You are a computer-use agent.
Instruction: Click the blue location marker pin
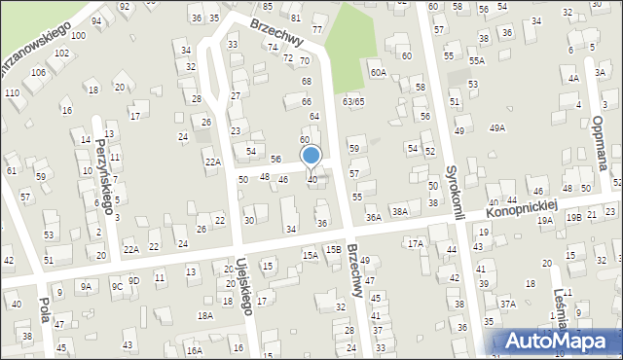311,157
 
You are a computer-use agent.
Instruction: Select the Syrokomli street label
452,193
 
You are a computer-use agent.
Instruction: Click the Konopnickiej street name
522,206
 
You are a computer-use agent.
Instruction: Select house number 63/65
352,101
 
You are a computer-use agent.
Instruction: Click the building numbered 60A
378,72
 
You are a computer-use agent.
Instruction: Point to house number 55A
475,60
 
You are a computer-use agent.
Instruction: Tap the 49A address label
497,127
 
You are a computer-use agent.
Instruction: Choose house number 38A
398,211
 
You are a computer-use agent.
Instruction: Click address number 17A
416,243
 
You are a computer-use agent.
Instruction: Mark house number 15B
333,250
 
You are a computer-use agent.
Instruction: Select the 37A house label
507,304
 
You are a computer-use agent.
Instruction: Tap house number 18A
204,315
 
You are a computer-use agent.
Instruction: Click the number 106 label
38,72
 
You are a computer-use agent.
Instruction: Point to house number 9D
134,280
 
